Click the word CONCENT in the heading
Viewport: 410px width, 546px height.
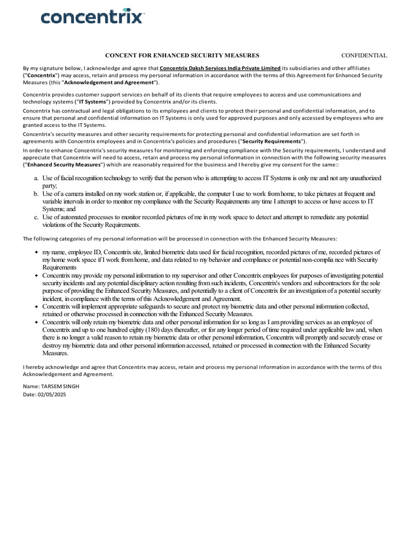click(x=120, y=55)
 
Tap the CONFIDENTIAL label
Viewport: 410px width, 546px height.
click(x=364, y=55)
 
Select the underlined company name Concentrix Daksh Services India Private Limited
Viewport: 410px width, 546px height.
click(x=220, y=68)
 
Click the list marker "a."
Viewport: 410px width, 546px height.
click(x=36, y=178)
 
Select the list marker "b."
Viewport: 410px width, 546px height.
click(x=36, y=194)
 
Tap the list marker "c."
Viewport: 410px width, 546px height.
click(x=36, y=217)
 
